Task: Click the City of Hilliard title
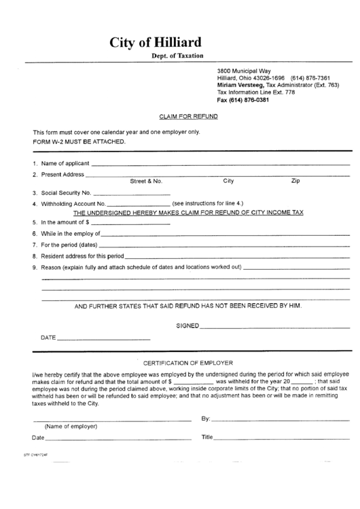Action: pos(156,43)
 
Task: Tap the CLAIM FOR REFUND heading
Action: pos(187,116)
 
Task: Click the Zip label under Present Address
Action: pos(295,181)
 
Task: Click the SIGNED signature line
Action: pos(274,327)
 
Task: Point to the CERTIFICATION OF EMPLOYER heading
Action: pos(188,363)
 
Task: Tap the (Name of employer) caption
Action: pos(71,426)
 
